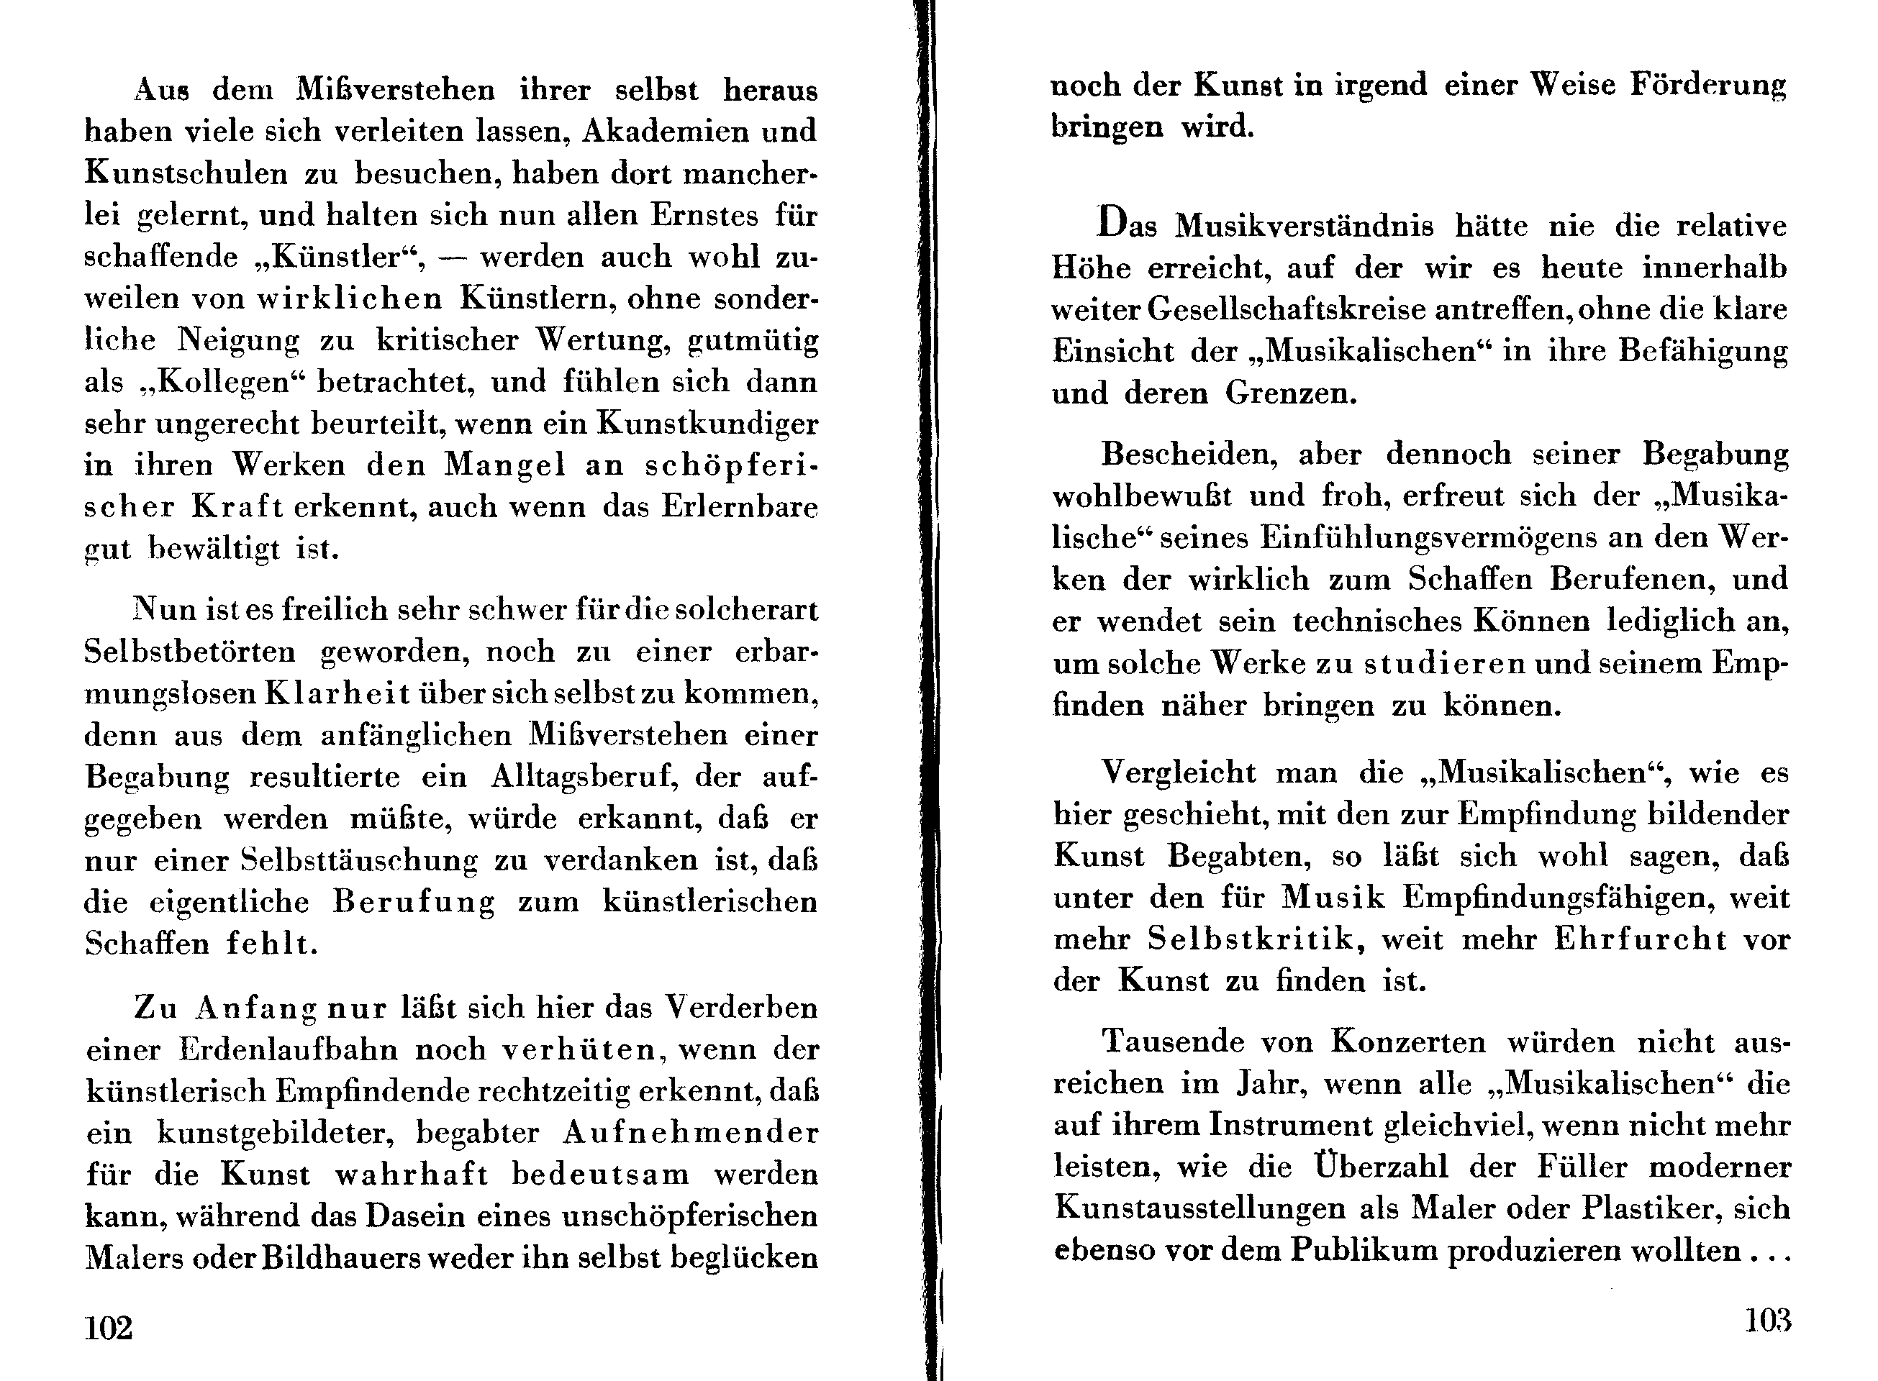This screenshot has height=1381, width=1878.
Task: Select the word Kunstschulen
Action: click(x=186, y=173)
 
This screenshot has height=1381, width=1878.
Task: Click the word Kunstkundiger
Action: click(x=707, y=424)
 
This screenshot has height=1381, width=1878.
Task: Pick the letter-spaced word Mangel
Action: click(x=505, y=465)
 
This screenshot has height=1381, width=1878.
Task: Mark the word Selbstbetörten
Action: click(x=191, y=651)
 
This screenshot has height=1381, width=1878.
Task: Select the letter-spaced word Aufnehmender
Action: click(x=690, y=1133)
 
